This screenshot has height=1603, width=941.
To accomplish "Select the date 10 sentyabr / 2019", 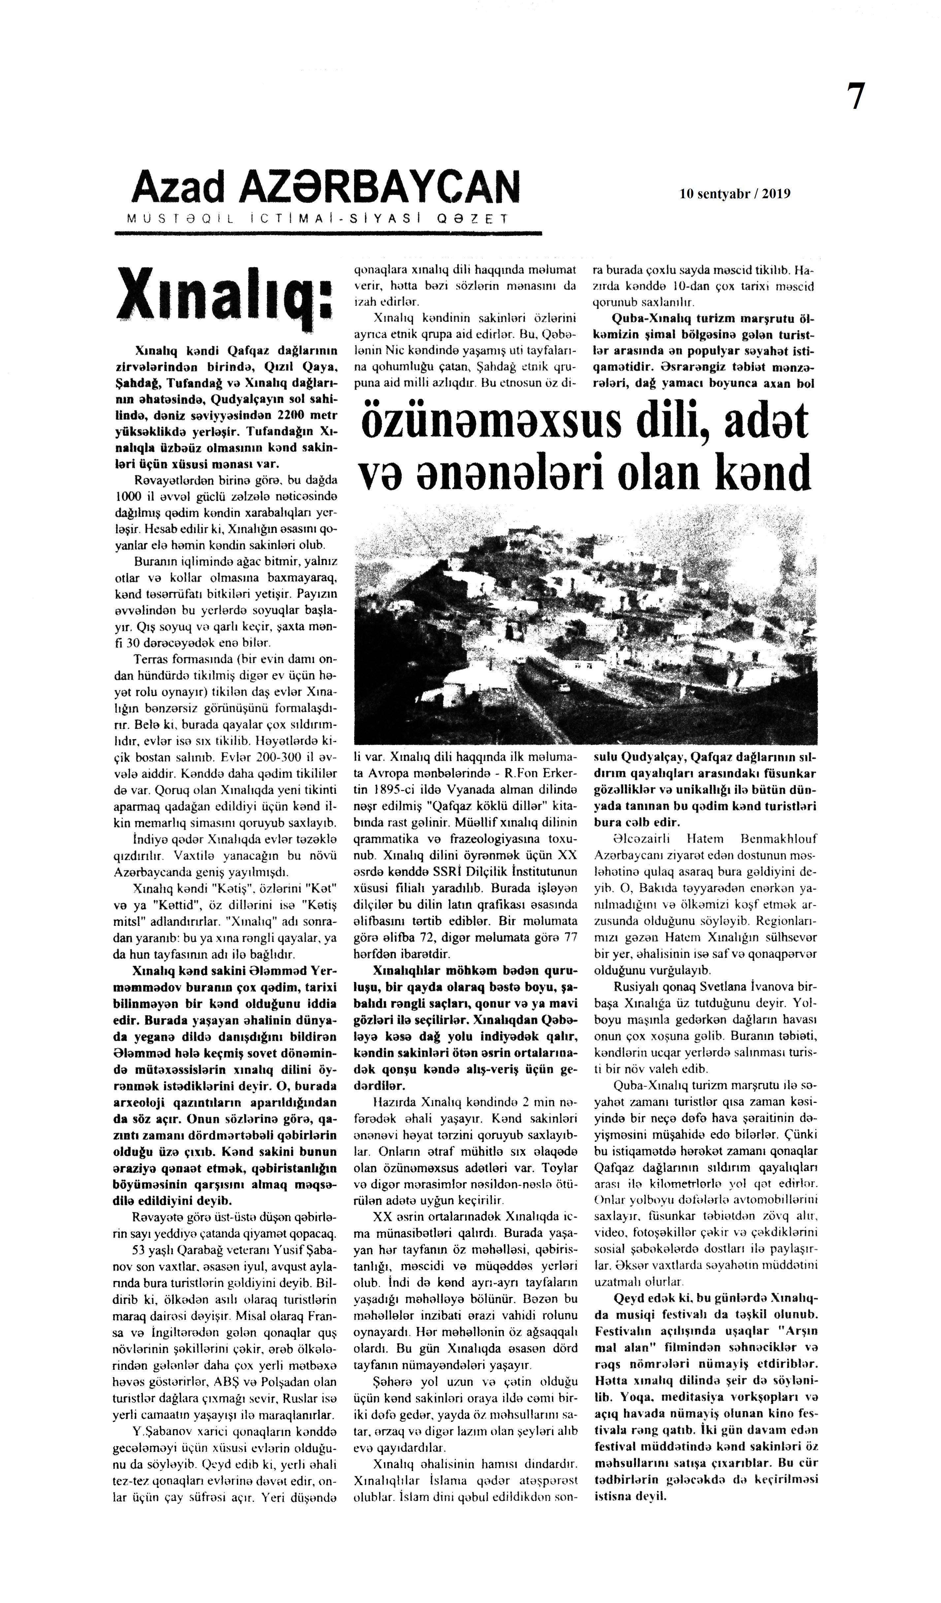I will [x=735, y=194].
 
